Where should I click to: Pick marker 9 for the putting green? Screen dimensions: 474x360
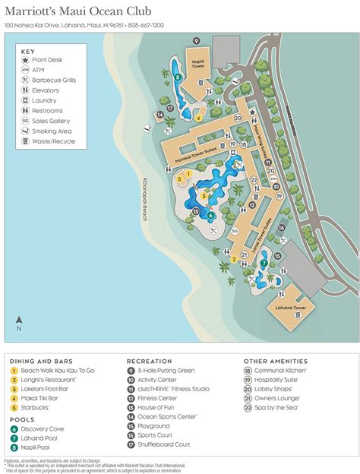point(196,40)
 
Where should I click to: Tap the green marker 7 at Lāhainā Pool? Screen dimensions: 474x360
point(264,264)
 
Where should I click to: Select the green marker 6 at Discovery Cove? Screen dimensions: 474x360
point(210,215)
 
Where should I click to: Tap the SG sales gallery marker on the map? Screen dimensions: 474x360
point(235,230)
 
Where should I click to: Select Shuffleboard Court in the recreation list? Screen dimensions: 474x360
point(163,444)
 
